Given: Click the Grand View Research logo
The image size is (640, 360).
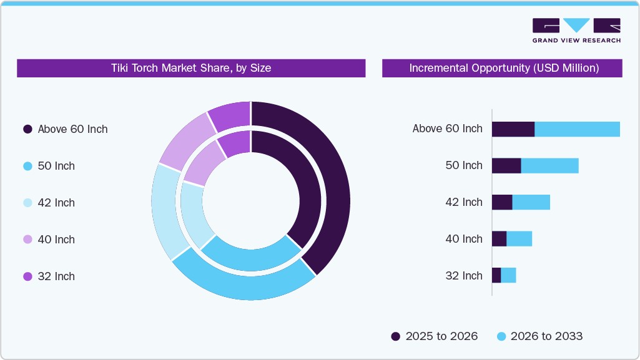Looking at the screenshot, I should (x=576, y=30).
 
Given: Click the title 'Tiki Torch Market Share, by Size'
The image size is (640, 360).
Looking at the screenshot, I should (x=191, y=68).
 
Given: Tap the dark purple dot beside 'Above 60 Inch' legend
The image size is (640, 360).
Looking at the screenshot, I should (x=27, y=129).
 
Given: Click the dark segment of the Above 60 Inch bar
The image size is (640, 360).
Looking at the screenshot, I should (x=513, y=129).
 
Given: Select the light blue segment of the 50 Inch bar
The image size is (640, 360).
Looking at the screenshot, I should (x=549, y=166).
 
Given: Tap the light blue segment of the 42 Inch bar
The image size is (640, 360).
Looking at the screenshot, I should (x=531, y=202).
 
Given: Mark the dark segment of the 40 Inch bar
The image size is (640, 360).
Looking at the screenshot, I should (x=499, y=239).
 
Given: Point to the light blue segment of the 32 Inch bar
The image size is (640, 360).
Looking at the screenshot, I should (x=508, y=275).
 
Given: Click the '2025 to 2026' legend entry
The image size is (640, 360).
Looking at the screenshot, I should (x=435, y=336).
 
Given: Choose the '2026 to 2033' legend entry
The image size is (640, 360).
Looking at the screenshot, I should (x=539, y=336).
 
